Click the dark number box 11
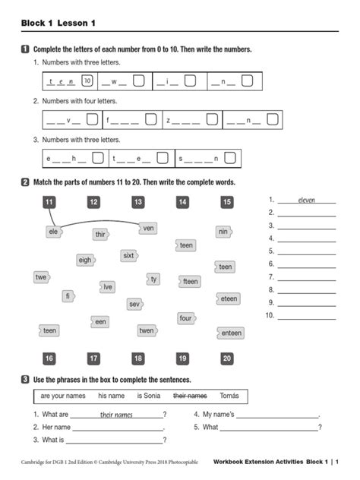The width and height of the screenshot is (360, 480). click(49, 202)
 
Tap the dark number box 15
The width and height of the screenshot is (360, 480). click(227, 202)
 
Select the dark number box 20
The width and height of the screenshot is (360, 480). click(227, 358)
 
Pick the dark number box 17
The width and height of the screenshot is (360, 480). click(93, 358)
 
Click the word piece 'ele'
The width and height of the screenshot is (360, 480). click(53, 232)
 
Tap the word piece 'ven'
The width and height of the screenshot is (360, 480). click(149, 228)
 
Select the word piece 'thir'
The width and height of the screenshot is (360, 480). click(100, 235)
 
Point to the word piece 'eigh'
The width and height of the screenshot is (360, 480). click(85, 260)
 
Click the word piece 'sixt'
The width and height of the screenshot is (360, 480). click(129, 256)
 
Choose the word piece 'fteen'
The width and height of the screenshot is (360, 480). click(190, 281)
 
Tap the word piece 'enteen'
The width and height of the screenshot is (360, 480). click(232, 333)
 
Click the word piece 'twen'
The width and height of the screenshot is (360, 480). click(147, 330)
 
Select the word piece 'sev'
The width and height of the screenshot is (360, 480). click(134, 304)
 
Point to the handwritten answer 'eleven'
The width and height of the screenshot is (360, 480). click(306, 201)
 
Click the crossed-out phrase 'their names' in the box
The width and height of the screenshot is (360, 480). click(190, 396)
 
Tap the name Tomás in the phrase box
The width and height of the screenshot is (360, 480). click(229, 396)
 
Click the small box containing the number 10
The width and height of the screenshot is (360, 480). click(87, 81)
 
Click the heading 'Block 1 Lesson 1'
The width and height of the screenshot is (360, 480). click(64, 24)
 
